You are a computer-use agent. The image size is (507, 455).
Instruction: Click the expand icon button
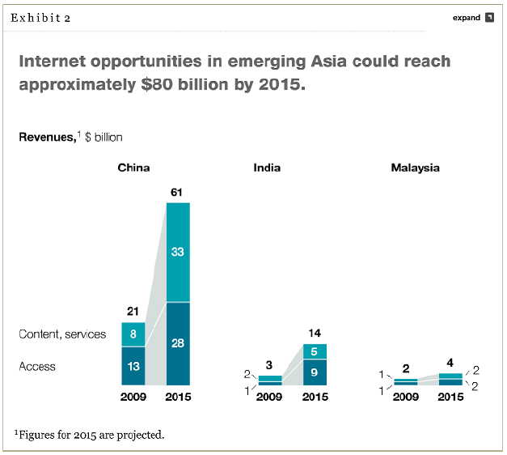489,18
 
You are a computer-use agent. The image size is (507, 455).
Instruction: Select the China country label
133,168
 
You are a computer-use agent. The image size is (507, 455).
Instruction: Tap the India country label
267,168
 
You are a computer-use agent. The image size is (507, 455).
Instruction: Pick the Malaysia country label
415,168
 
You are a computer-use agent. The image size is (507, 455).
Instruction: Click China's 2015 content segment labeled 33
178,252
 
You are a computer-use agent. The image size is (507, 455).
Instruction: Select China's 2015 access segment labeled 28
178,343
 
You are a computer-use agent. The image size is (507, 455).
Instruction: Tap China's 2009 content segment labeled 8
133,334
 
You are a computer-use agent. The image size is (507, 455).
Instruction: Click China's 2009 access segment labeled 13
133,366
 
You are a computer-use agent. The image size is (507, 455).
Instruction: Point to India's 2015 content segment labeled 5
315,351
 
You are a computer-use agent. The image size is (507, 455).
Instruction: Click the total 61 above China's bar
178,192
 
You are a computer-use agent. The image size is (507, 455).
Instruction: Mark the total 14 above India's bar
315,333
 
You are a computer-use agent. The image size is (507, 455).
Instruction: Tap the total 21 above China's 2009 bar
133,312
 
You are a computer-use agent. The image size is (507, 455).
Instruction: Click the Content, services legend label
62,334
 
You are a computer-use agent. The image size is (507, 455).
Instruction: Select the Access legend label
37,367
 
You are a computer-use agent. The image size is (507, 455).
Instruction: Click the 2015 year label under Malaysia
450,397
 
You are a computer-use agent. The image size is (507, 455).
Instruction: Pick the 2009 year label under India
270,397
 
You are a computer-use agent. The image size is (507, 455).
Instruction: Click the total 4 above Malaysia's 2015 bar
451,363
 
